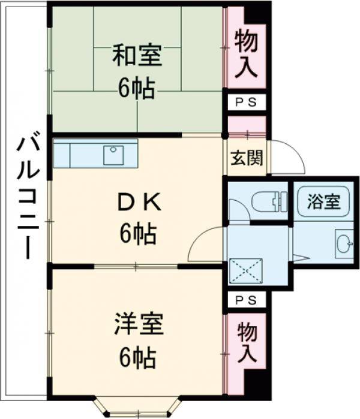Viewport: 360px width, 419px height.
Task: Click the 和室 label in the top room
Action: [x=137, y=58]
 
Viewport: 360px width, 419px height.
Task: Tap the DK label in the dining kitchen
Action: [x=137, y=204]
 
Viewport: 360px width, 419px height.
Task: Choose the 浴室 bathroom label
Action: [x=323, y=202]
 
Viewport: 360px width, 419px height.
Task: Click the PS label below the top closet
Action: [x=245, y=103]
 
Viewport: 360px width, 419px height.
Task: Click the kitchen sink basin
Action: [x=113, y=155]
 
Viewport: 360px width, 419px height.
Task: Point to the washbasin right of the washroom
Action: [x=343, y=244]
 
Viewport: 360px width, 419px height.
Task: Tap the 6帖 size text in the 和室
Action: [x=137, y=89]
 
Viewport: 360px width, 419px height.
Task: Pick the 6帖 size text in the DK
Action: [x=137, y=233]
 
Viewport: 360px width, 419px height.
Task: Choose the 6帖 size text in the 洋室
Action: [x=137, y=358]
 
